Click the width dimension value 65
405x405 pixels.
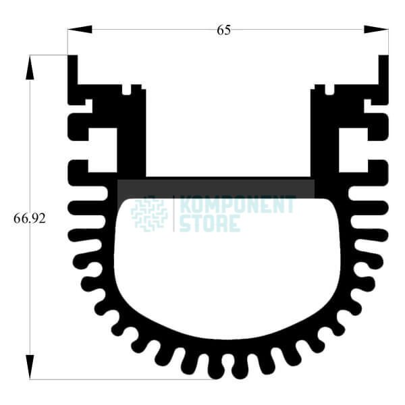click(x=223, y=30)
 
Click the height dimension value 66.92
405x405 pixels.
click(x=30, y=219)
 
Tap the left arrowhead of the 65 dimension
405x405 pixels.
click(x=80, y=29)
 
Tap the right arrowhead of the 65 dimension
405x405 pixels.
click(x=376, y=29)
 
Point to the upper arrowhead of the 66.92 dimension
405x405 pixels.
click(x=30, y=67)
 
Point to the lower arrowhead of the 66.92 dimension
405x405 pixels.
click(x=30, y=367)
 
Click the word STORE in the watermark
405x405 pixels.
click(x=210, y=223)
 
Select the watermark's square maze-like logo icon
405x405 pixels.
click(x=149, y=215)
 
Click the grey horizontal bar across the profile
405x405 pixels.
click(x=216, y=189)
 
